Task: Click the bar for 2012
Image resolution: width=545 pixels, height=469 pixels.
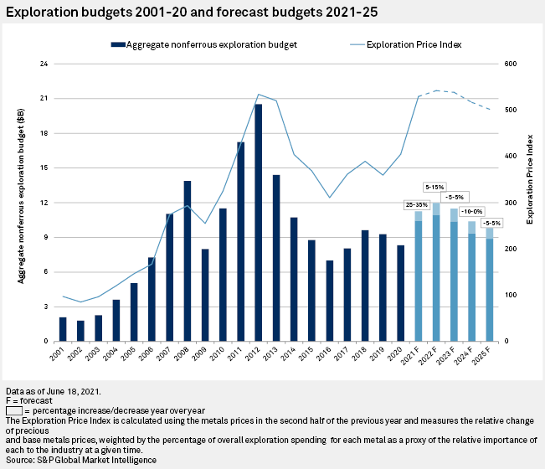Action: click(258, 223)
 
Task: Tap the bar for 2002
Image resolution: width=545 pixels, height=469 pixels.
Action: click(80, 331)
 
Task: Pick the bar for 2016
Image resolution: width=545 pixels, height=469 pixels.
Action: click(330, 301)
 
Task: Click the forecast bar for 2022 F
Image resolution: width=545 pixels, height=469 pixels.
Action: click(436, 272)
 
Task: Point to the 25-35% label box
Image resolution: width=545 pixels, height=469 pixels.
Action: click(418, 204)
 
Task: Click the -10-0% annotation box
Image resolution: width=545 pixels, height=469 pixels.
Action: click(472, 213)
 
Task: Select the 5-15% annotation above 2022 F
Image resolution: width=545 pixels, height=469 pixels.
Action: click(435, 186)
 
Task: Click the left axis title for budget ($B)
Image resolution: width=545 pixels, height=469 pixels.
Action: click(19, 201)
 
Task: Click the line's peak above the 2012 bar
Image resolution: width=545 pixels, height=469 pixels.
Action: click(258, 94)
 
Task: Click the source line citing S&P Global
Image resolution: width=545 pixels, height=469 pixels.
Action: click(81, 460)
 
